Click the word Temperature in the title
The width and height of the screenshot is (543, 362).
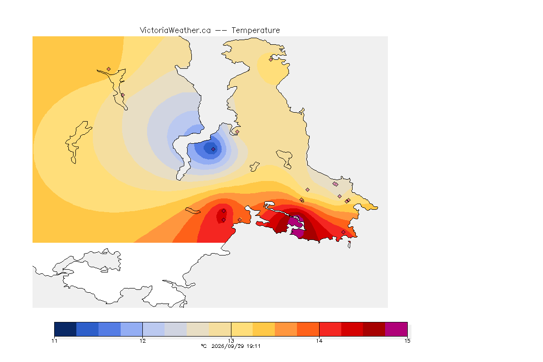tap(255, 31)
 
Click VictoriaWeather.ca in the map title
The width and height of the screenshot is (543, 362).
tap(175, 31)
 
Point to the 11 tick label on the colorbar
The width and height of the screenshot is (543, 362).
tap(54, 341)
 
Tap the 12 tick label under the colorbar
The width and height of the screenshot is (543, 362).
tap(143, 341)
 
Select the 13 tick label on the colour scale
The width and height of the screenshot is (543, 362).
tap(231, 341)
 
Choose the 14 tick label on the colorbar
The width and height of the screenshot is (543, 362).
tap(319, 341)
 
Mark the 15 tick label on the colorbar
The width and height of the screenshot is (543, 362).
tap(407, 341)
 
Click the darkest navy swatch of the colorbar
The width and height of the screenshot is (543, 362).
tap(66, 329)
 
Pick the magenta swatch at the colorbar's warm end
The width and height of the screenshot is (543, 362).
tap(396, 329)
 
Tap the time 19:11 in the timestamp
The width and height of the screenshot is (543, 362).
tap(254, 346)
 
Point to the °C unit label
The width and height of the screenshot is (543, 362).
tap(204, 346)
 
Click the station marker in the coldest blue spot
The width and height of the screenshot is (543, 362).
tap(214, 149)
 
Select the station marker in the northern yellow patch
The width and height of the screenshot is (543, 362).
tap(271, 59)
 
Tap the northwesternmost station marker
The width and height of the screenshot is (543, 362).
tap(109, 69)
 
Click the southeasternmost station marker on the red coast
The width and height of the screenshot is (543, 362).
tap(343, 232)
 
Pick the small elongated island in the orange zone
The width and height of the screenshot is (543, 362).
tap(193, 211)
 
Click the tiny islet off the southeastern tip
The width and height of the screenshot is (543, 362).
tap(349, 245)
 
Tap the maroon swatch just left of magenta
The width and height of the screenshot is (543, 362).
tap(374, 329)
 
